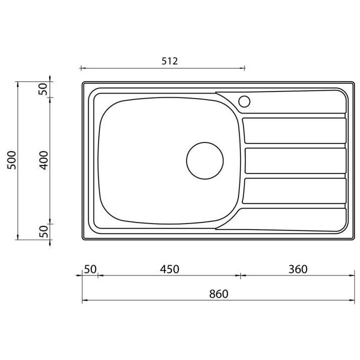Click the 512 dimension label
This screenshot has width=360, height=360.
169,61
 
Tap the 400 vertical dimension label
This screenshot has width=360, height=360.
43,160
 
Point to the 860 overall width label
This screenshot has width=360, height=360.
218,294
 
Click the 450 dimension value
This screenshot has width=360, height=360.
169,269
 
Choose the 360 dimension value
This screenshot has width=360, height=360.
297,269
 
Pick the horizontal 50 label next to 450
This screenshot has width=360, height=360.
90,269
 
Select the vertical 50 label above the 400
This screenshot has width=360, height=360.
43,89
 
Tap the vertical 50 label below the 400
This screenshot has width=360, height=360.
43,230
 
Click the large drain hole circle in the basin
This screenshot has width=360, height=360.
205,160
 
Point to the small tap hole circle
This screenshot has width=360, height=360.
244,101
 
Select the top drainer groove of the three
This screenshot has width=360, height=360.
294,130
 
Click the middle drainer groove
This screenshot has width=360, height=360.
294,160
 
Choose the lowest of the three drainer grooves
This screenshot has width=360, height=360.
294,190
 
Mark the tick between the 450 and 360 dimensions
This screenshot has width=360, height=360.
240,275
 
